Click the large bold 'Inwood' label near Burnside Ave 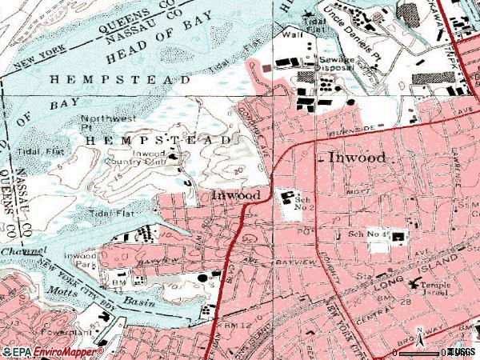pos(358,158)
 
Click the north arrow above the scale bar pos(419,334)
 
